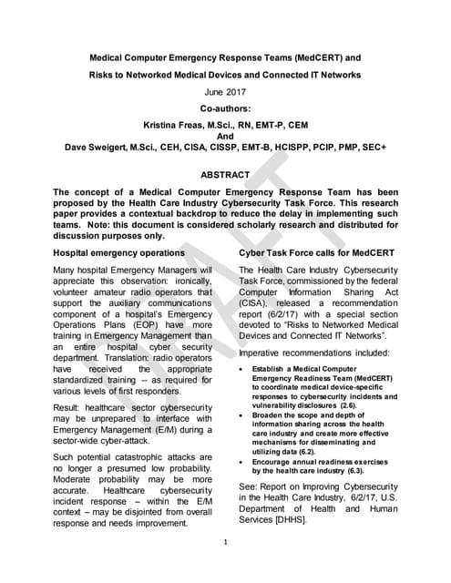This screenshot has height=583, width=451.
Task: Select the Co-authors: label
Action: (224, 107)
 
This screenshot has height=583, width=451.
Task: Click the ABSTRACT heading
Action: (224, 174)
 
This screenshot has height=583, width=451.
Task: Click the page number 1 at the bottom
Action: (224, 543)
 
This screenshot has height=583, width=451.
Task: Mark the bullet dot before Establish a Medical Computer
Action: (241, 370)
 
